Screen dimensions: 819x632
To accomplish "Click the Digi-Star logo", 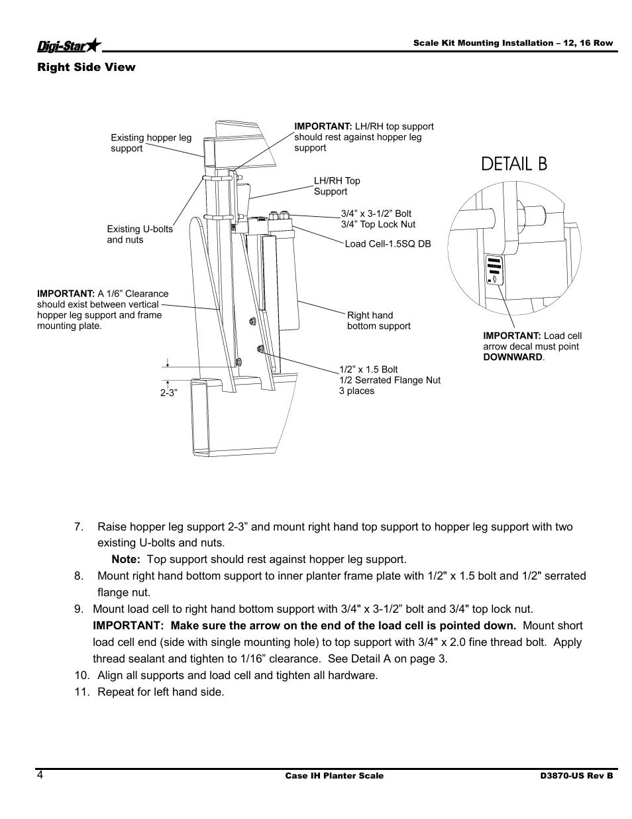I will pos(69,44).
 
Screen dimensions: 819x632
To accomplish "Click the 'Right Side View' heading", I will pos(86,67).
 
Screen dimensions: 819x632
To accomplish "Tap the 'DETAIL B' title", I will pos(514,164).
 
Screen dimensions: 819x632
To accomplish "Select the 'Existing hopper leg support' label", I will pos(151,143).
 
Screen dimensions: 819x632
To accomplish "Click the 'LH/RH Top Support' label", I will pos(337,186).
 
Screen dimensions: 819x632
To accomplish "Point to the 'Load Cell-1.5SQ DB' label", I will pos(388,244).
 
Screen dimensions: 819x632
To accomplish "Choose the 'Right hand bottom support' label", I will pos(378,320).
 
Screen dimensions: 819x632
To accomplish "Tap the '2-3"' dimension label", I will pos(169,393).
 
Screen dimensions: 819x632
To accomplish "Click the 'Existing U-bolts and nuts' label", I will pos(140,234).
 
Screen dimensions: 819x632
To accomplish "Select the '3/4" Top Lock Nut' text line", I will pos(378,224).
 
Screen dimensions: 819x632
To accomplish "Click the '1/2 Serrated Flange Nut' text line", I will pos(390,380).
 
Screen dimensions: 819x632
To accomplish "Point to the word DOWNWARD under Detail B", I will pos(513,357).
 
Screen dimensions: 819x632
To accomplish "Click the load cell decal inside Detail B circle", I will pos(495,270).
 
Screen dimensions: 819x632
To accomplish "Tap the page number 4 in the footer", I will pos(40,776).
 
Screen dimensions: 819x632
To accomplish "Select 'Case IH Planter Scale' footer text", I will pos(334,776).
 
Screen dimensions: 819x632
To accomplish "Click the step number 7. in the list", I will pos(79,527).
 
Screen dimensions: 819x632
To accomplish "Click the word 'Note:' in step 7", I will pos(125,560).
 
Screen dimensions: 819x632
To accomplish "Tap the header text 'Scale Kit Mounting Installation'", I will pos(484,43).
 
